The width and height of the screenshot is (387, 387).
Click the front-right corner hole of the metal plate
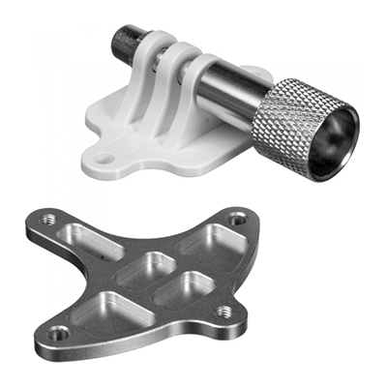224,312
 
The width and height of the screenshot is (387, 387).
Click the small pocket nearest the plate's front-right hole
187,286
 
